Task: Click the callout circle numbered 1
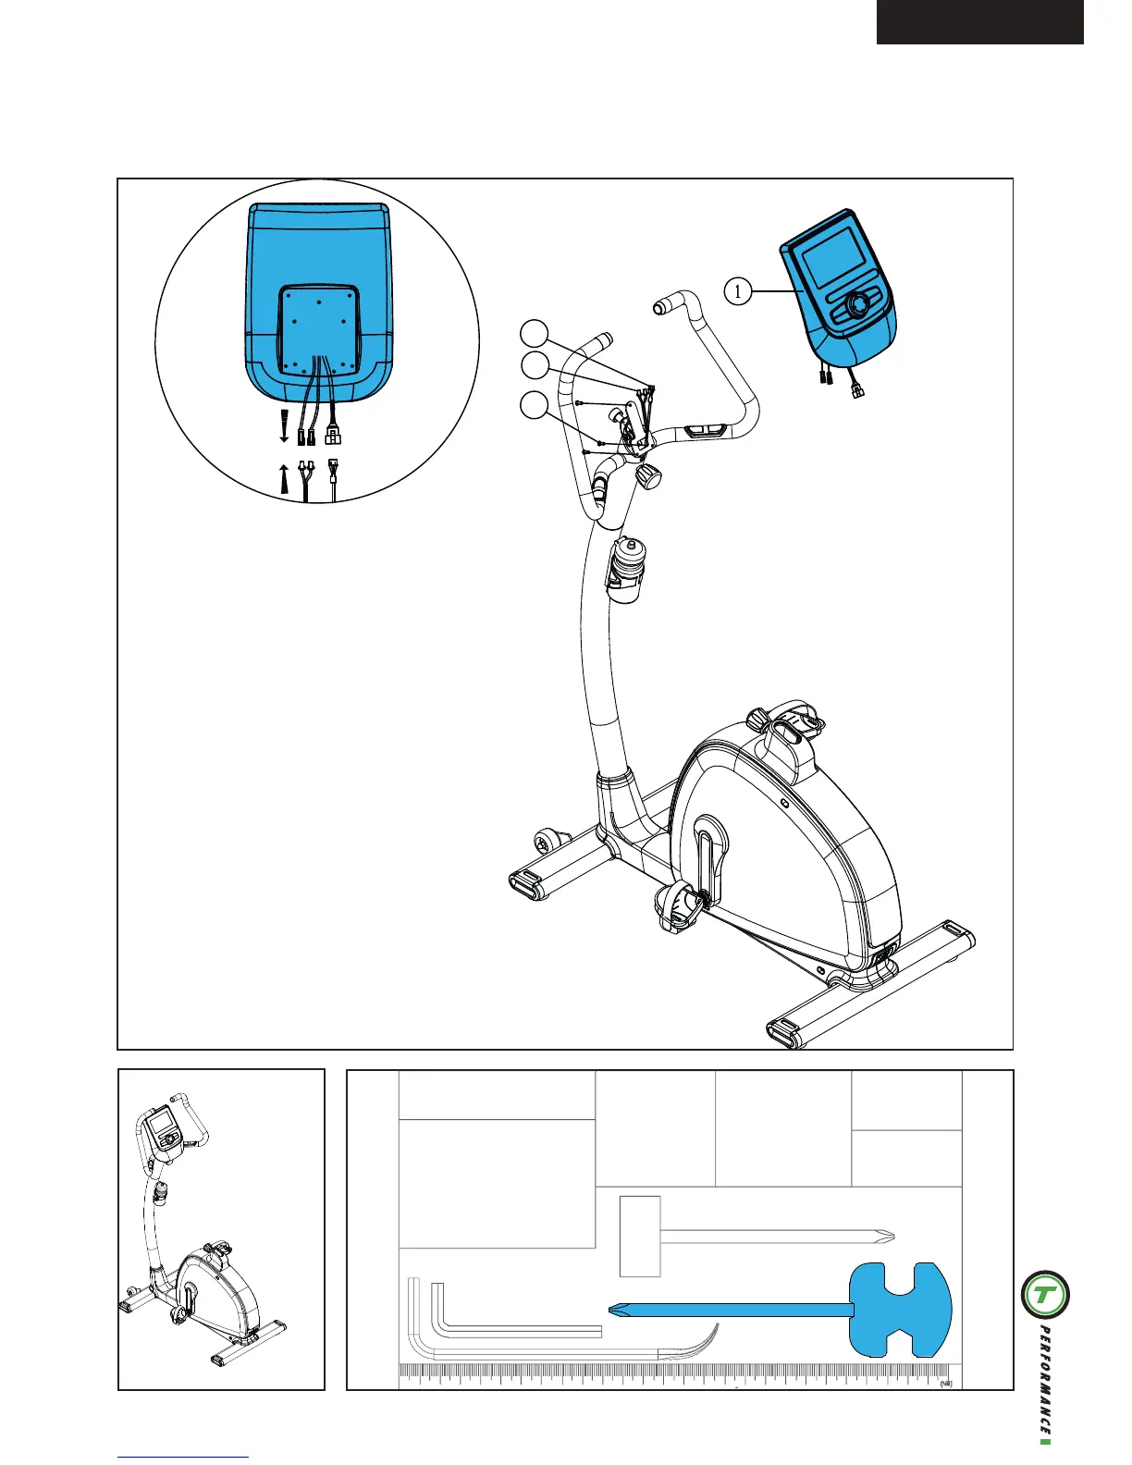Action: click(737, 292)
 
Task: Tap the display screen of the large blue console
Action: click(831, 257)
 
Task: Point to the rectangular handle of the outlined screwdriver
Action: click(640, 1236)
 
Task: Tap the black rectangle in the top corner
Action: click(979, 21)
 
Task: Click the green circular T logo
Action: click(1045, 1295)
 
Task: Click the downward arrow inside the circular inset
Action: click(284, 428)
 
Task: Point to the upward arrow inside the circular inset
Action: click(284, 480)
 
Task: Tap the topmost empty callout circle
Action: click(534, 333)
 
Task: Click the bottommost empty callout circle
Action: click(534, 404)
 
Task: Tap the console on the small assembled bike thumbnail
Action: click(163, 1127)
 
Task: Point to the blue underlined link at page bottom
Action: click(183, 1458)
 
